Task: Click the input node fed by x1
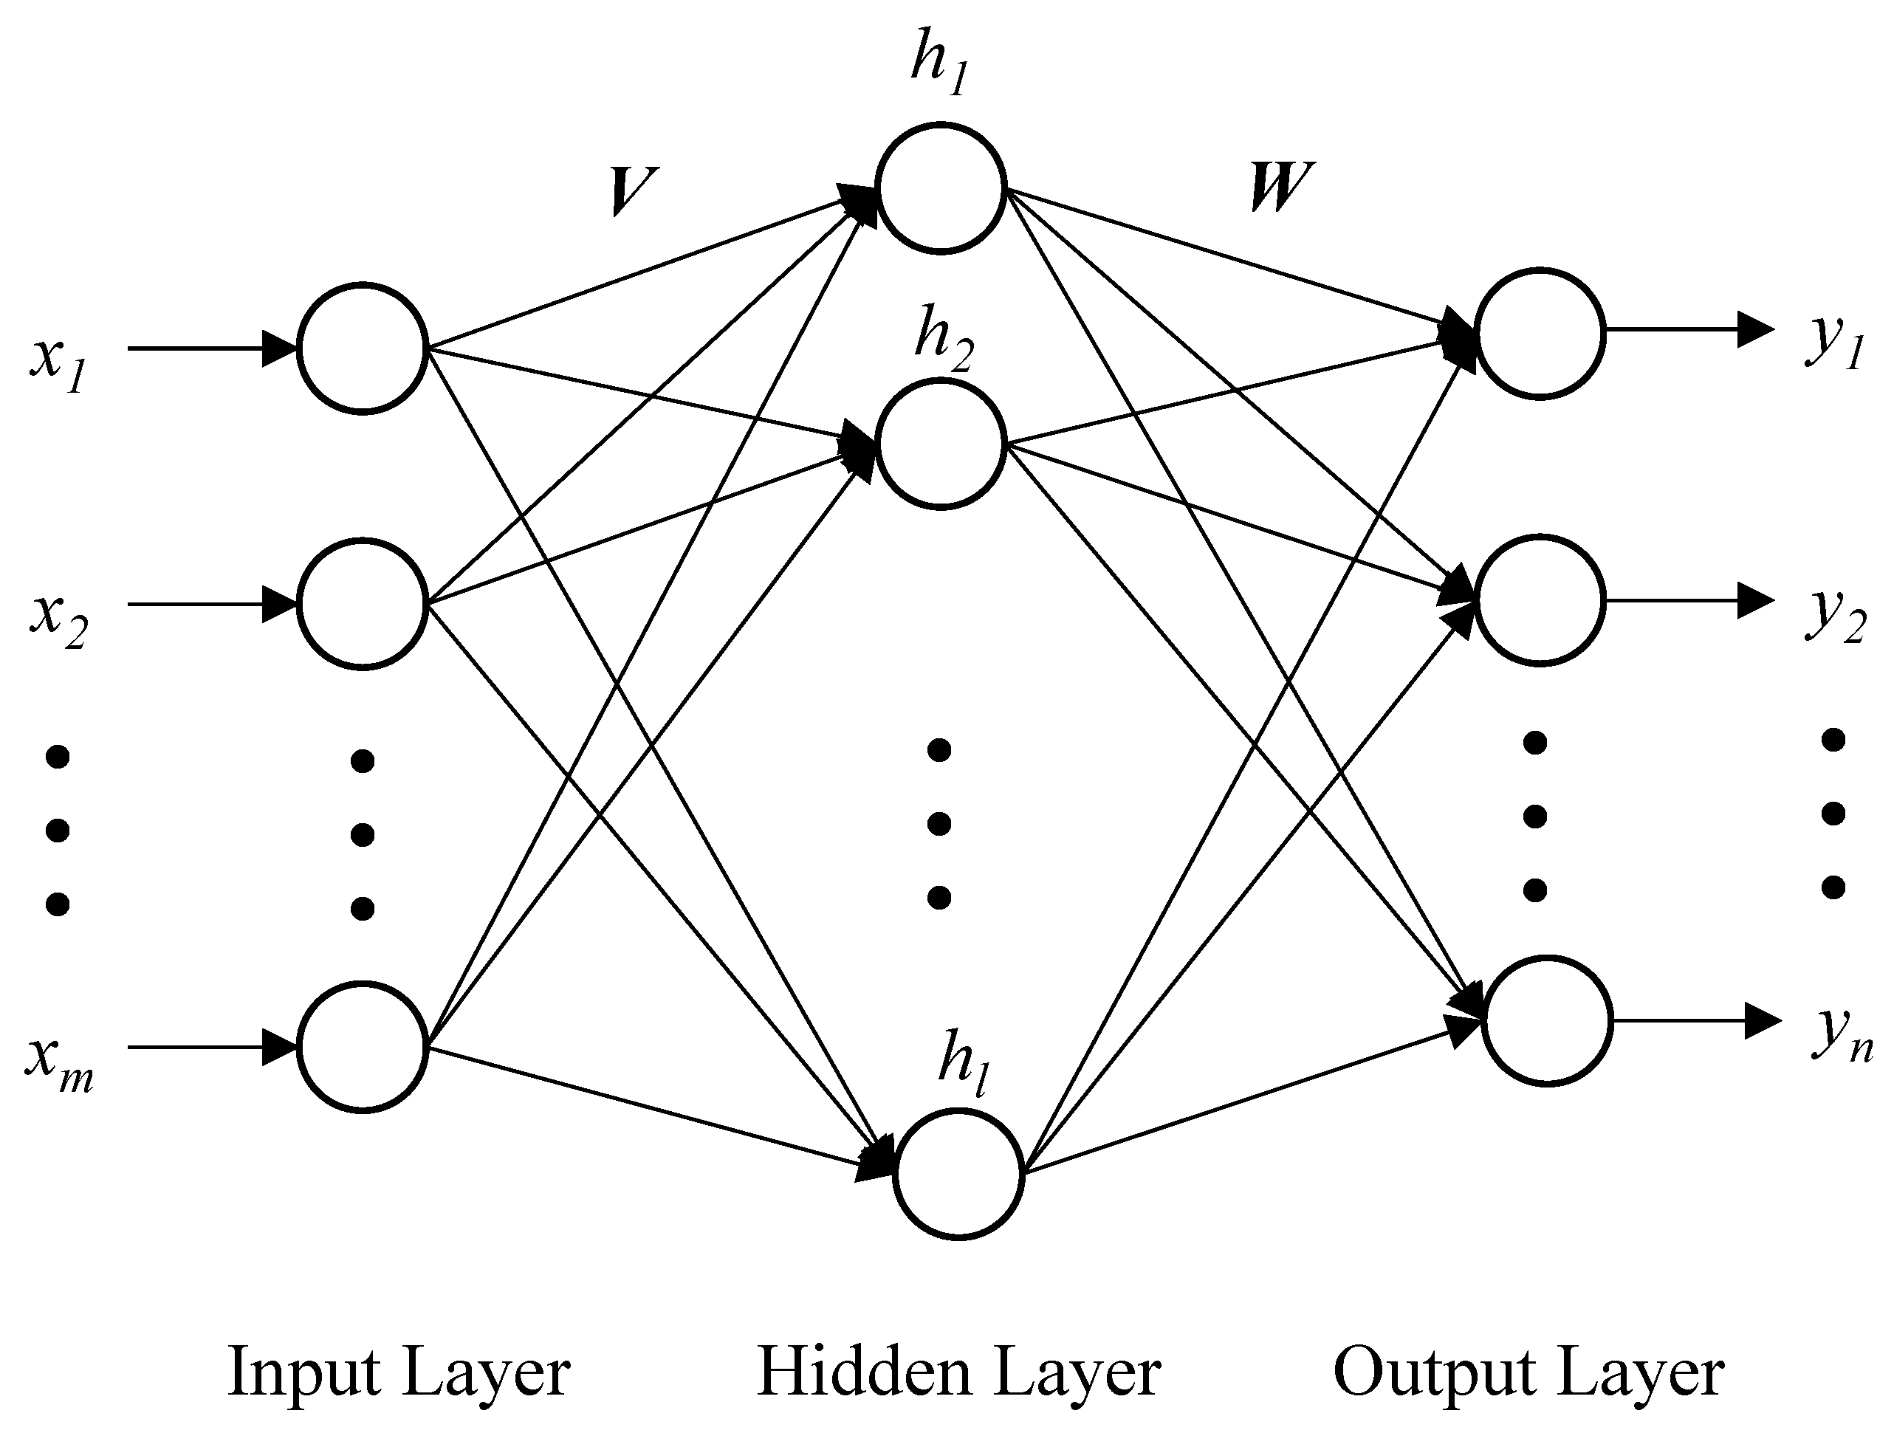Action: tap(363, 348)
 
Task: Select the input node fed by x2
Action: tap(363, 603)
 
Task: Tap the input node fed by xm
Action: tap(363, 1046)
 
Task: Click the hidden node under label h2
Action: tap(939, 444)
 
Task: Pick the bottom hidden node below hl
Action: tap(959, 1174)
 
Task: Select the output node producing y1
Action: tap(1540, 333)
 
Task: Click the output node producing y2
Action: tap(1540, 599)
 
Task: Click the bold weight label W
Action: tap(1278, 186)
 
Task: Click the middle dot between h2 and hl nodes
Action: tap(939, 823)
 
